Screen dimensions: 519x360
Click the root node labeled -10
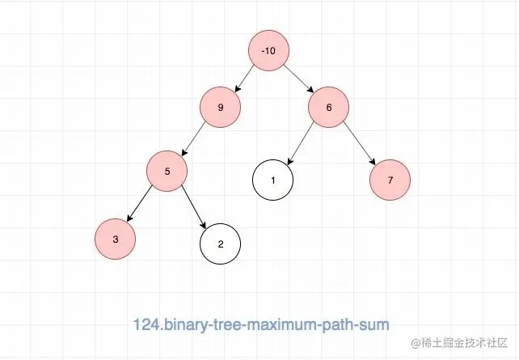[269, 51]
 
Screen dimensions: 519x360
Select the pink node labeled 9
[221, 107]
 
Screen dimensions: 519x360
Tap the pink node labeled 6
[328, 107]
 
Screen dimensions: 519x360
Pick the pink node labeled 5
[167, 171]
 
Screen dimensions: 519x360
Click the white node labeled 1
[272, 180]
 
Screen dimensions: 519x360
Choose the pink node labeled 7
[390, 180]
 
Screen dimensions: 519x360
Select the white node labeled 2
[220, 243]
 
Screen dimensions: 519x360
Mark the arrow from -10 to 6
[298, 78]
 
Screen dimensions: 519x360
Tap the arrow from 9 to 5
[194, 138]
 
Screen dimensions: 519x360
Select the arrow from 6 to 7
[359, 143]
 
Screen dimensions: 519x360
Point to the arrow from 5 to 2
[193, 206]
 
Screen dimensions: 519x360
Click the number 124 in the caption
[146, 324]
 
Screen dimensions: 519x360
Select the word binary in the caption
[185, 324]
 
